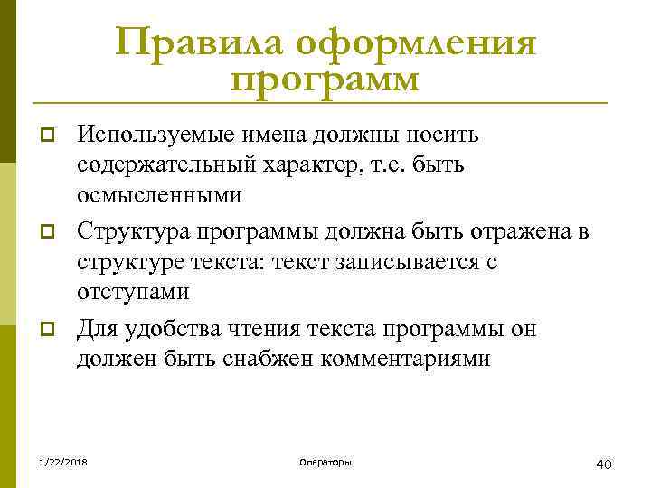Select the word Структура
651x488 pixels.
pyautogui.click(x=128, y=232)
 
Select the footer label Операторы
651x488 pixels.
pyautogui.click(x=325, y=463)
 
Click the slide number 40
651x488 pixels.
pyautogui.click(x=605, y=465)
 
